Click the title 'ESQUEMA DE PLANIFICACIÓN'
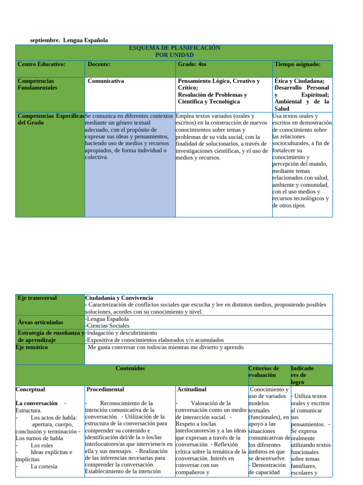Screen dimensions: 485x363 tap(174, 48)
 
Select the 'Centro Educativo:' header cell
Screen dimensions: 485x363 tap(42, 64)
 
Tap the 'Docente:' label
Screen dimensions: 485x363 tap(99, 64)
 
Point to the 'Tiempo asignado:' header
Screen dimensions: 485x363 tap(297, 64)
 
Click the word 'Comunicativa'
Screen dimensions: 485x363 tap(106, 81)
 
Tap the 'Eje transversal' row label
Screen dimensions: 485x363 tap(37, 298)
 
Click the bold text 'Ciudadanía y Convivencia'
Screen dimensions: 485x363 tap(119, 298)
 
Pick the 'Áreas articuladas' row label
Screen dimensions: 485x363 tap(40, 322)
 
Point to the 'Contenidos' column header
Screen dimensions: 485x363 tap(130, 368)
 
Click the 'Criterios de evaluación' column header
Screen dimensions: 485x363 tap(264, 371)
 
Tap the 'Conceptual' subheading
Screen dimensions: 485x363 tap(30, 389)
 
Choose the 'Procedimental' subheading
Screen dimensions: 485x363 tap(105, 389)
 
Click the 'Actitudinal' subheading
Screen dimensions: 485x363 tap(191, 389)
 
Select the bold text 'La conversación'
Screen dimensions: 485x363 tap(37, 403)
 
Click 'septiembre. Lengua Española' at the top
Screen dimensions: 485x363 tap(69, 40)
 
